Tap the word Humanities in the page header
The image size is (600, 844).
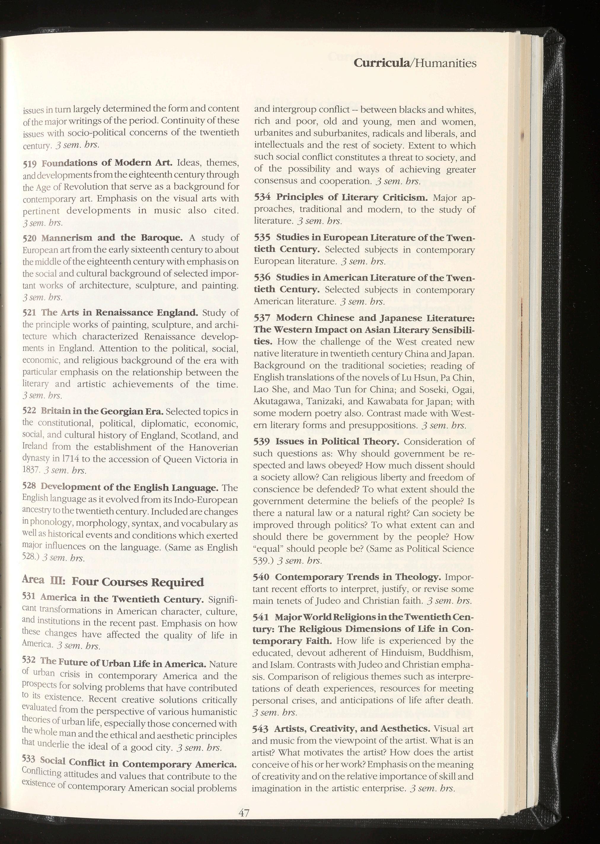[x=445, y=63]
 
